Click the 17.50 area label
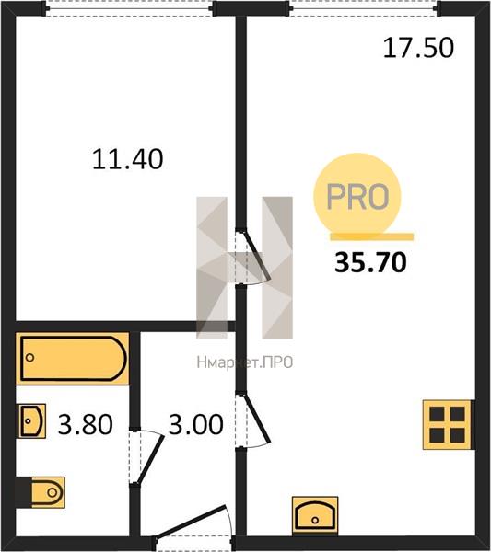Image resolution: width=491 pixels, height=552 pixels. (418, 48)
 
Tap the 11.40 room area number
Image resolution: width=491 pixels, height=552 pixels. (128, 159)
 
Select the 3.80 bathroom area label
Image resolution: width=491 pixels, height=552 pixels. (86, 424)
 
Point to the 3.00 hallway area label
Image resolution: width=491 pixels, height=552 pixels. (195, 424)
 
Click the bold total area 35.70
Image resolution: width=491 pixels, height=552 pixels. (370, 262)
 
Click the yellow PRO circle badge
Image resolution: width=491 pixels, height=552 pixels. (357, 197)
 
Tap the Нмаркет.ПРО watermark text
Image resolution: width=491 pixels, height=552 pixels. (245, 362)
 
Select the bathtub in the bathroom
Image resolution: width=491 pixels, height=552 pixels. (72, 359)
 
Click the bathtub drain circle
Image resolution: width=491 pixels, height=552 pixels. (30, 358)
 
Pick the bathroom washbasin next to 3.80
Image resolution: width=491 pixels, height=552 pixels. (32, 420)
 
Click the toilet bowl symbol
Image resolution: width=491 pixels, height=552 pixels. (48, 492)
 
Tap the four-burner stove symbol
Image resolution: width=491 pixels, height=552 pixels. (448, 425)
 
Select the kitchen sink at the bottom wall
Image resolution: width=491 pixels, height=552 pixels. (315, 516)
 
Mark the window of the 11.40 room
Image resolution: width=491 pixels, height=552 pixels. (129, 7)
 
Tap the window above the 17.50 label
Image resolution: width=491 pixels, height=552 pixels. (364, 7)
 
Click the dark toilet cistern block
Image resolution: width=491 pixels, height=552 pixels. (24, 492)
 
